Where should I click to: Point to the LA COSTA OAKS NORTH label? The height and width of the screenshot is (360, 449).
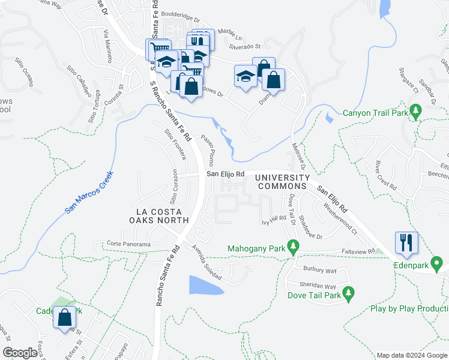(163, 216)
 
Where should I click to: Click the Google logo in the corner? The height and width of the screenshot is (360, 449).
(20, 353)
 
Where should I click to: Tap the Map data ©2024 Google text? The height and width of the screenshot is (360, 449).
(411, 355)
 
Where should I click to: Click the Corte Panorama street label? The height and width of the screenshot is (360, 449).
(128, 244)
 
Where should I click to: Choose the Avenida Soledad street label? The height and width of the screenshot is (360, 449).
(206, 263)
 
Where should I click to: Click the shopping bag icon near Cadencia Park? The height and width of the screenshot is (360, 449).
(64, 317)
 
